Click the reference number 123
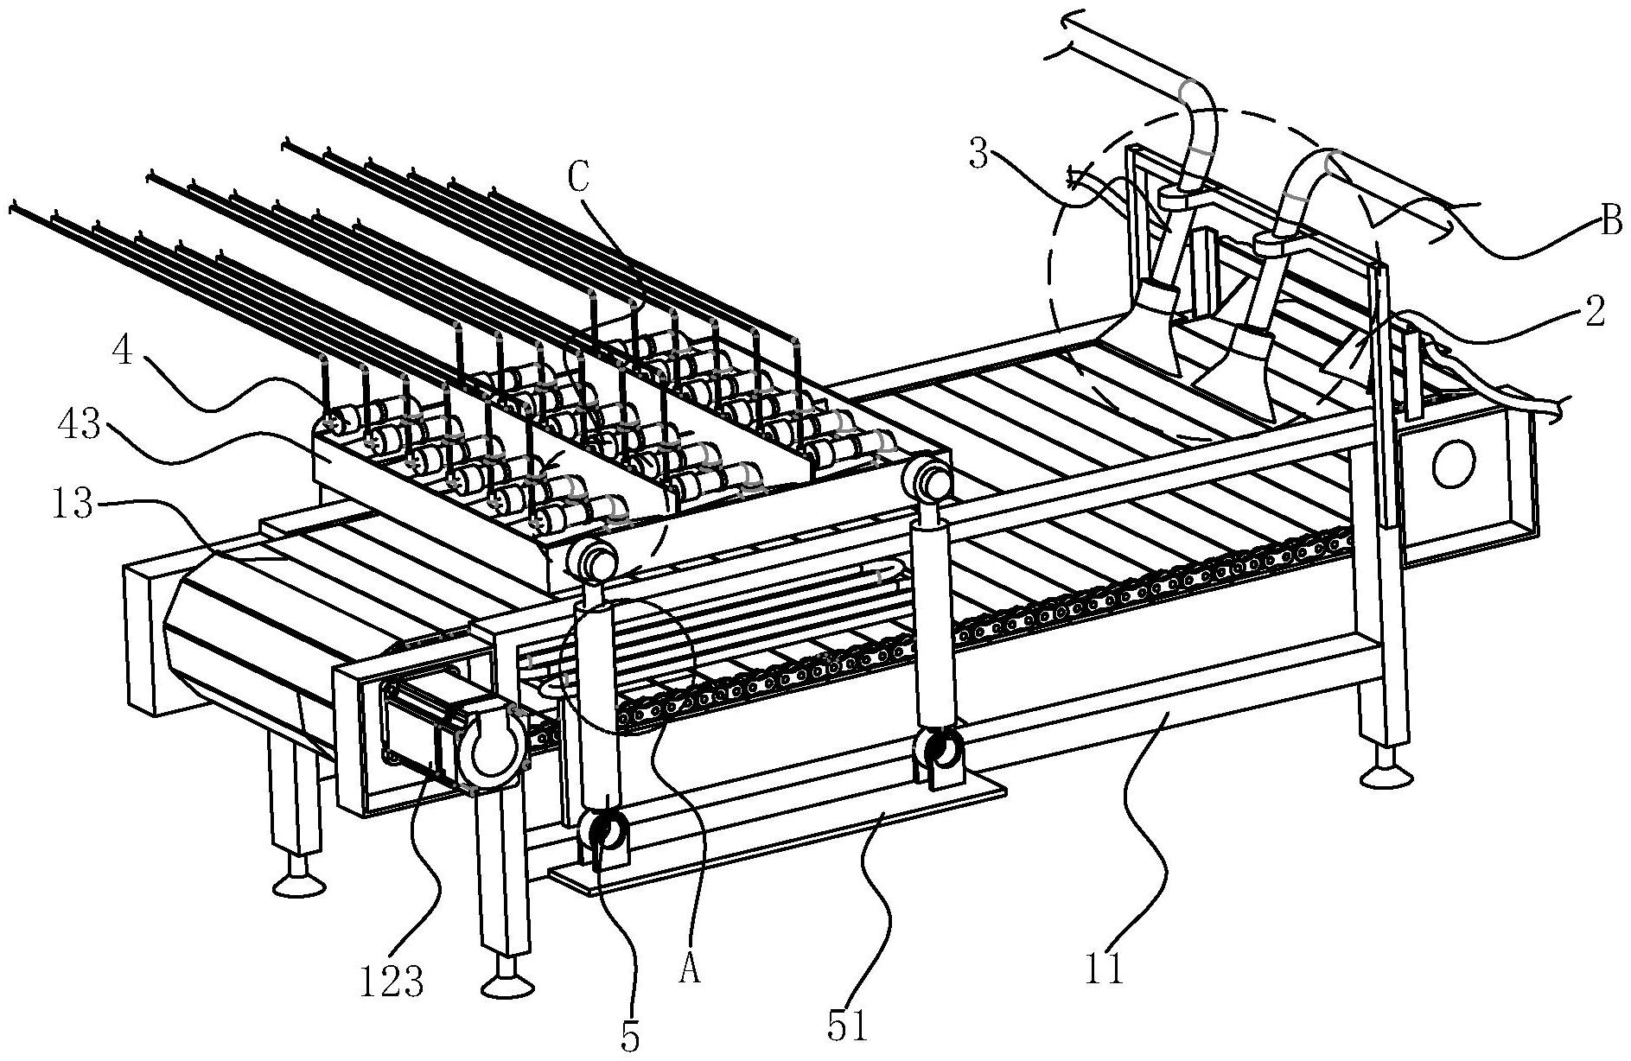(391, 981)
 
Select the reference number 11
(1103, 968)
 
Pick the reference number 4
(123, 354)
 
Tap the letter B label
(1610, 222)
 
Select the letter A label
(688, 972)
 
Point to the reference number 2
(1596, 310)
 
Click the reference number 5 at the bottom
(631, 1038)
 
